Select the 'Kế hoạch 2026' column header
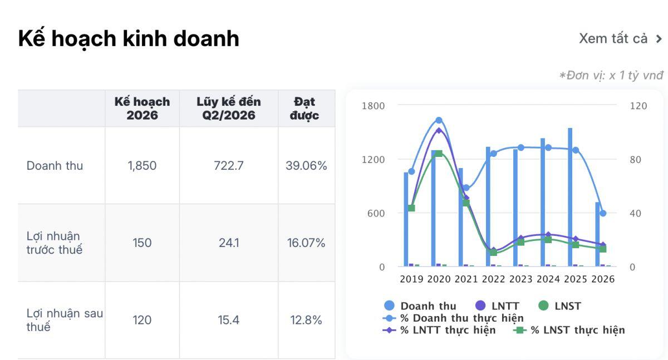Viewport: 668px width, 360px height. tap(143, 109)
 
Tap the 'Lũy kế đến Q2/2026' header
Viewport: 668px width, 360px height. tap(229, 109)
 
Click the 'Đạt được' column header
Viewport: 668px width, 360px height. tap(304, 109)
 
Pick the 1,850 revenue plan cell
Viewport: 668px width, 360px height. tap(142, 166)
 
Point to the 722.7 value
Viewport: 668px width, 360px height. tap(229, 166)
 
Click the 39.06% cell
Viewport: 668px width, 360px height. tap(306, 166)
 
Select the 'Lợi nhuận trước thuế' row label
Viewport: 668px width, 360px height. tap(55, 243)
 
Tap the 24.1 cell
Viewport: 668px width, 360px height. tap(229, 243)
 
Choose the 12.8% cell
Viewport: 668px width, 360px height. tap(306, 320)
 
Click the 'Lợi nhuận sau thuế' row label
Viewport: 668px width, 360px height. tap(65, 320)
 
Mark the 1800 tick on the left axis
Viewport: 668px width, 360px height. tap(373, 106)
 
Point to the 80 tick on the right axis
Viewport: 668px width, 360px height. tap(636, 160)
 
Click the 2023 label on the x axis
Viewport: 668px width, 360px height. tap(520, 279)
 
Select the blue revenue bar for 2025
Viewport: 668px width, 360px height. tap(570, 197)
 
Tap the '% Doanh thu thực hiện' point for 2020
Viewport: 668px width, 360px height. tap(439, 120)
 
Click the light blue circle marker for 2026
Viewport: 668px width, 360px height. tap(603, 213)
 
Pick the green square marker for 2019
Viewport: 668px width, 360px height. tap(411, 208)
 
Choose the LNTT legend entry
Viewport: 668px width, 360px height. tap(497, 306)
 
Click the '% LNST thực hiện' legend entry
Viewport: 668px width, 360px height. tap(569, 330)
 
